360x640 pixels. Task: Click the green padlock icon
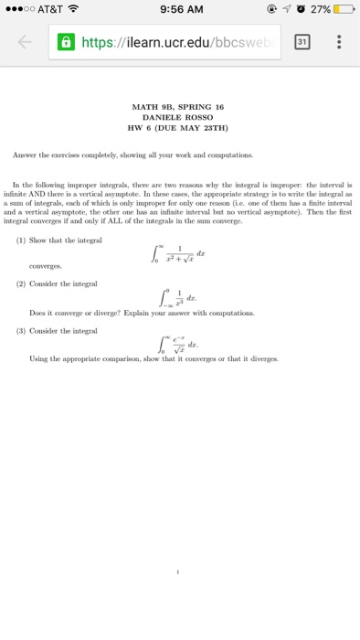[x=66, y=42]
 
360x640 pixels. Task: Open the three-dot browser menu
[x=340, y=42]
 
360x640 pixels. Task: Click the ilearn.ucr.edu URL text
[x=170, y=42]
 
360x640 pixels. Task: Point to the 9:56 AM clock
[x=179, y=10]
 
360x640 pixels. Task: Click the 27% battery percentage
[x=318, y=10]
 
